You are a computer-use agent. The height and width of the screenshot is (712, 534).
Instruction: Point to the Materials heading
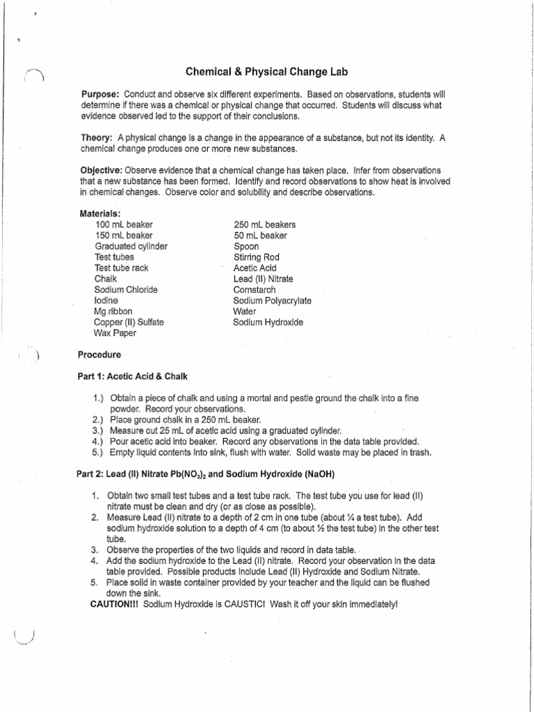pos(102,213)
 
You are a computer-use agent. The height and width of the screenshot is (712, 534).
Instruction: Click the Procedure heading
pos(99,354)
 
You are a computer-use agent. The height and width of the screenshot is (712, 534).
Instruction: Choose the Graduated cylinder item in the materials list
pos(131,246)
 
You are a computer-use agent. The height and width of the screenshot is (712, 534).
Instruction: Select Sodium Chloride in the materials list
pos(126,289)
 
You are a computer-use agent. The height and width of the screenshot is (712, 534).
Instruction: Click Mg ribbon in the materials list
pos(113,311)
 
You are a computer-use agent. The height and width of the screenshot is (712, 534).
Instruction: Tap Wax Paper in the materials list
pos(115,333)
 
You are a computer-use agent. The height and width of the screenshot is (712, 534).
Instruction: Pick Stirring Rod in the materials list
pos(257,257)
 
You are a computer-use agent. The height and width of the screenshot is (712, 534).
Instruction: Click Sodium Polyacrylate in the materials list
pos(273,300)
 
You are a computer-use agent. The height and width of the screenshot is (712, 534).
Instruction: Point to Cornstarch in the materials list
pos(254,289)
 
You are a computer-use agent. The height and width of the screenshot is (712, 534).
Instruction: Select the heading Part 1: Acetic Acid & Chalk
pos(132,376)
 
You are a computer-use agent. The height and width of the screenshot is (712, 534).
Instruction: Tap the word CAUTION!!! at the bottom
pos(115,605)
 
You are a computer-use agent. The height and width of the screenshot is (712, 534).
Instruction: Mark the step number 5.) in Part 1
pos(98,453)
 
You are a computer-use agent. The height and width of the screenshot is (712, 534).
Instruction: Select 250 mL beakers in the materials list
pos(265,225)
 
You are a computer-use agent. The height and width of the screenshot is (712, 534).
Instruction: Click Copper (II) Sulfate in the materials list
pos(129,323)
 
